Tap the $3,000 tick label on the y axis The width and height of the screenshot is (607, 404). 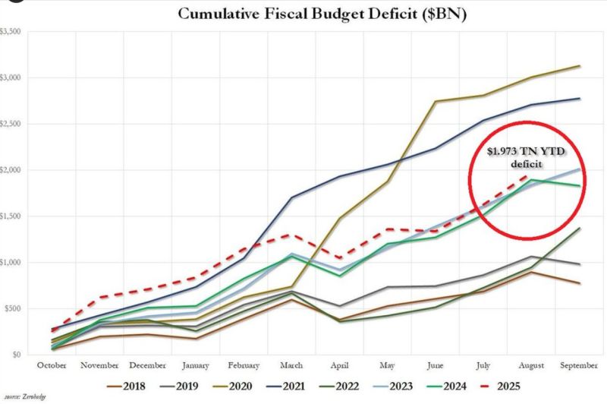11,77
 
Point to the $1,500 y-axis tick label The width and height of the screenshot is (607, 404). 11,216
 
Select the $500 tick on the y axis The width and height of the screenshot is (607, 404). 13,308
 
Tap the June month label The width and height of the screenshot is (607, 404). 436,365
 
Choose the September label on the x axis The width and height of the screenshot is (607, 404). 579,365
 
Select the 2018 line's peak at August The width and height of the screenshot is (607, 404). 532,272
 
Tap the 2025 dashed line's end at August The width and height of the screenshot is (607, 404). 530,173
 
